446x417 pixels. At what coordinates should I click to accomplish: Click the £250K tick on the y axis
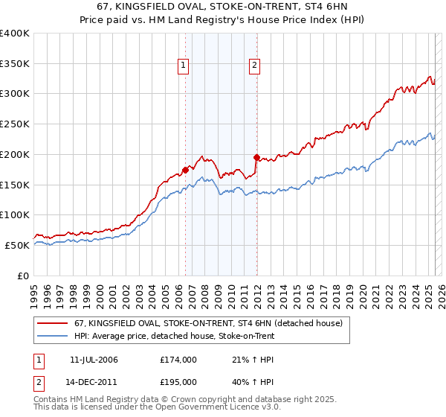(x=15, y=124)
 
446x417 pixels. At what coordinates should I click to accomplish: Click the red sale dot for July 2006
(x=185, y=170)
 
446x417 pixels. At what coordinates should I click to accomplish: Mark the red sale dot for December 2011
(x=256, y=157)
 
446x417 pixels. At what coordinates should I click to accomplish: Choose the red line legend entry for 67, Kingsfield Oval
(x=208, y=324)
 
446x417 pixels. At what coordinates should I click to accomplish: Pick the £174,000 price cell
(x=178, y=360)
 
